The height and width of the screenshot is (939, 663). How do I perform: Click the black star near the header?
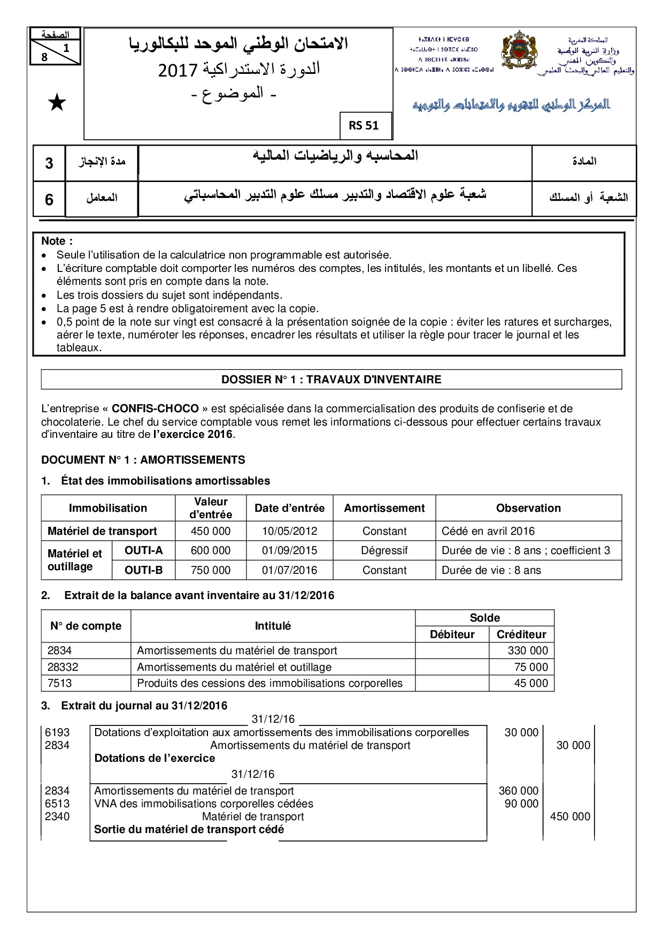tap(57, 102)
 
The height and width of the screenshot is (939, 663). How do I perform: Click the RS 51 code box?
tap(364, 125)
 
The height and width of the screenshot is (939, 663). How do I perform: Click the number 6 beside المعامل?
tap(49, 199)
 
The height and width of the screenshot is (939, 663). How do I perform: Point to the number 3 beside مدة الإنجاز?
tap(49, 163)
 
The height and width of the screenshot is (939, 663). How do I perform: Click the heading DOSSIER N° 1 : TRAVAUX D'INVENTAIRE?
tap(331, 380)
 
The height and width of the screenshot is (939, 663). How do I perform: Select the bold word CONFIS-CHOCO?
tap(155, 408)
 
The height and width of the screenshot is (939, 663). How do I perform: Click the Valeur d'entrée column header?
tap(211, 508)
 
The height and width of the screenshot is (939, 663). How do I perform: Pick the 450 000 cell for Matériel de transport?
tap(211, 531)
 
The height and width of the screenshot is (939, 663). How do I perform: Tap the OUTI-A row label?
tap(143, 550)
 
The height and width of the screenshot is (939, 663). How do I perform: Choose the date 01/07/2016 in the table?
tap(289, 570)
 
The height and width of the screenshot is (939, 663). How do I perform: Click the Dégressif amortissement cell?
tap(384, 550)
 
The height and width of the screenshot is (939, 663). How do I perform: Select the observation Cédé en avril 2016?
tap(488, 531)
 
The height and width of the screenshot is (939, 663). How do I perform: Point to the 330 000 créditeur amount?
tap(527, 650)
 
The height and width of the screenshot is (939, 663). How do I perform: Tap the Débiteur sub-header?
tap(452, 634)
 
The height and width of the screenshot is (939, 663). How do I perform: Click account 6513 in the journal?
tap(57, 804)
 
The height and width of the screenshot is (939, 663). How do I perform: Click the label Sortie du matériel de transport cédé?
tap(189, 829)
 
